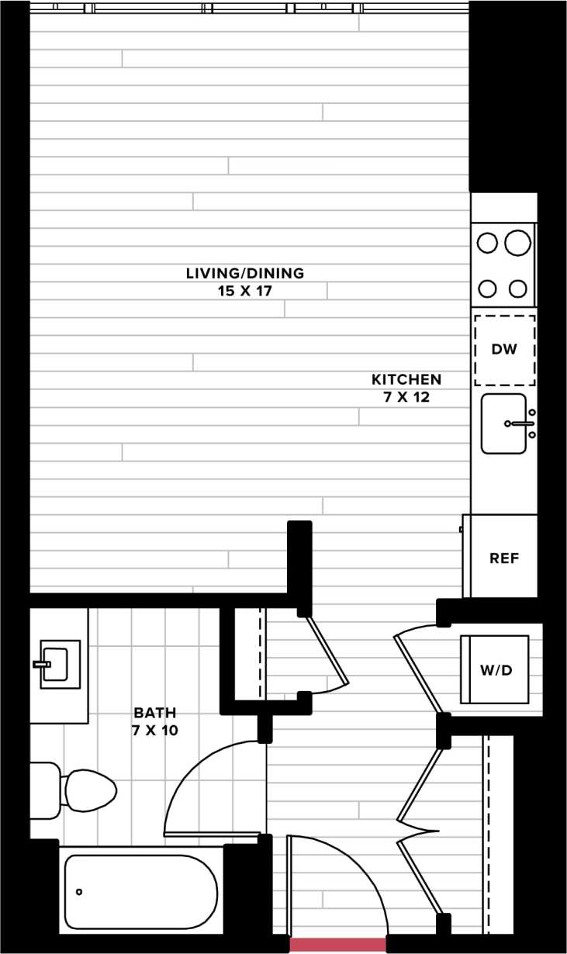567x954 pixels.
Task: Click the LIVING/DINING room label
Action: coord(244,273)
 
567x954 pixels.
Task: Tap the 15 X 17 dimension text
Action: coord(244,291)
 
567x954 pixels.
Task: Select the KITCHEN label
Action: coord(406,379)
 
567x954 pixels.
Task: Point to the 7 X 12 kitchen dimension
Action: coord(406,397)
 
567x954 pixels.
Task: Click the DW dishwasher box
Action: coord(504,350)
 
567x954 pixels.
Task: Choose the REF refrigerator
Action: coord(503,558)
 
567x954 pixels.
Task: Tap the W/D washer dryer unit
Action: coord(496,670)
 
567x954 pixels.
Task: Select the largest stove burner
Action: coord(517,244)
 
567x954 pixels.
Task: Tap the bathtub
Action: coord(140,892)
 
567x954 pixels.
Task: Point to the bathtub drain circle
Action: coord(79,892)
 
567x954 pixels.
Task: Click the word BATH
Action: coord(155,712)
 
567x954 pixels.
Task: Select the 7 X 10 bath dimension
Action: coord(155,730)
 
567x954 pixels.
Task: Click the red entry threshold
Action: coord(337,945)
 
